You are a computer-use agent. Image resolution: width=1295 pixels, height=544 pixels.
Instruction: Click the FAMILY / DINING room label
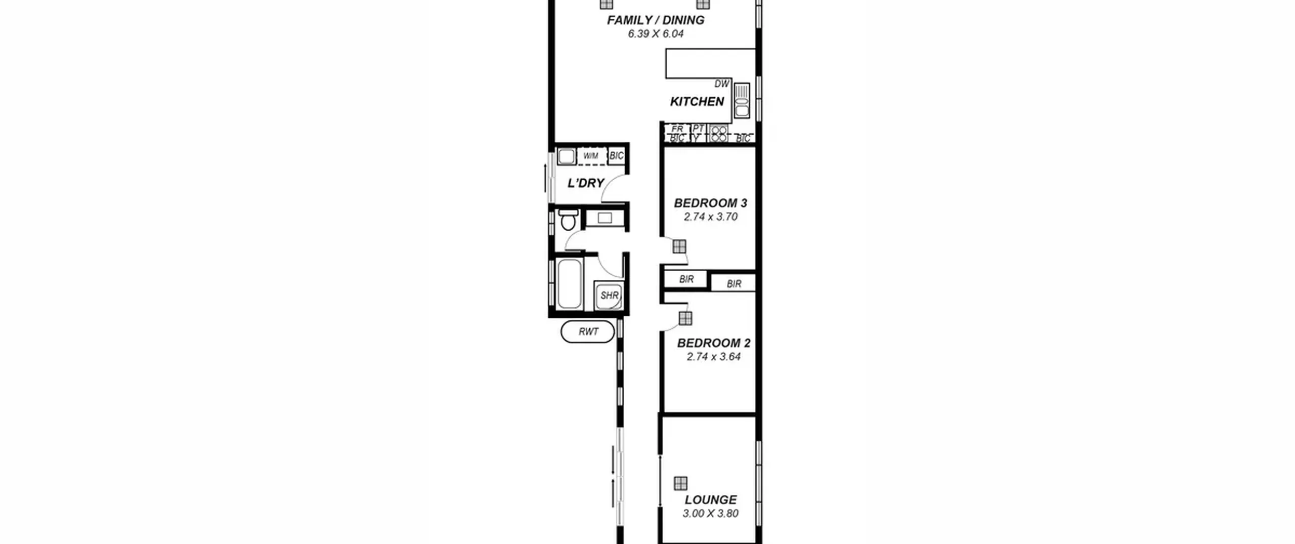click(656, 20)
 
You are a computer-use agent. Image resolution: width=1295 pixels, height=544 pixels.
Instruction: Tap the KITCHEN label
click(697, 102)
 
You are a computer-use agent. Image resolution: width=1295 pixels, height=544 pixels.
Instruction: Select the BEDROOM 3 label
click(710, 203)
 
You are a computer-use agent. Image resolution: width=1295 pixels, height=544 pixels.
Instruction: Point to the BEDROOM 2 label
click(713, 343)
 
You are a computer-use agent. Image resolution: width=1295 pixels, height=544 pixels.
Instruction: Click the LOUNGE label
click(710, 500)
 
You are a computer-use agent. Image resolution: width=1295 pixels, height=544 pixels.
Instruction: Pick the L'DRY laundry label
click(586, 183)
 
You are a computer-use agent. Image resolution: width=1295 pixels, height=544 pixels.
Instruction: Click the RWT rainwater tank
click(588, 331)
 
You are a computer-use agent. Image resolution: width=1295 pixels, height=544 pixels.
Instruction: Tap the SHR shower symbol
click(609, 295)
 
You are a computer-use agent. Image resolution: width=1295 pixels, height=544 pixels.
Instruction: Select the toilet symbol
click(569, 219)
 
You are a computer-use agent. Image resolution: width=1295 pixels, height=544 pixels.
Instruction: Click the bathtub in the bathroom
click(569, 283)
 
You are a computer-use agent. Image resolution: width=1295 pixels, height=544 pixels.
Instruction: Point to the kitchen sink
click(742, 101)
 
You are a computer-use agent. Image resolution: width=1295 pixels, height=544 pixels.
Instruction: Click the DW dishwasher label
click(722, 84)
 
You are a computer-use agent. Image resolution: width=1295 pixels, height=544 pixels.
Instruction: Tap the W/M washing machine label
click(590, 156)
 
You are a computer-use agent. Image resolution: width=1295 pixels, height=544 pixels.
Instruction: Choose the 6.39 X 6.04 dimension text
click(656, 34)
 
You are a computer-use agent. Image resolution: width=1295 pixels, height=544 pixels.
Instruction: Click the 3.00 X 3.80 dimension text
click(710, 514)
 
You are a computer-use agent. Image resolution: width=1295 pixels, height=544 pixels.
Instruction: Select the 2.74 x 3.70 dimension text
click(710, 217)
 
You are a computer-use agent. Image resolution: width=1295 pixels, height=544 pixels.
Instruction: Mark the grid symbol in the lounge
click(680, 483)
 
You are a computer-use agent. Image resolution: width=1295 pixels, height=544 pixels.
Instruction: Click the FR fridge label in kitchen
click(677, 129)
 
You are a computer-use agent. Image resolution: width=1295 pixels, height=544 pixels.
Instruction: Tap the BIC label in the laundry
click(616, 156)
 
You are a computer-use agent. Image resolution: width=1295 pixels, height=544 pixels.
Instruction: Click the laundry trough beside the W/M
click(567, 156)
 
